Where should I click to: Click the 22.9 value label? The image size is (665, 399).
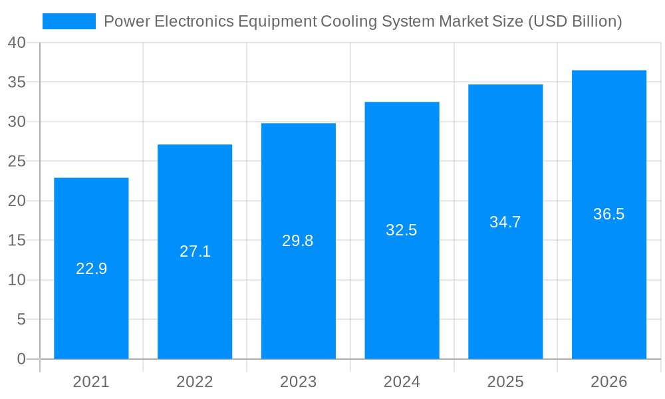(91, 269)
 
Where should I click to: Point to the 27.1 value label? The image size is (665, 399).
(195, 251)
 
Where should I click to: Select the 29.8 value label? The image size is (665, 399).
(298, 241)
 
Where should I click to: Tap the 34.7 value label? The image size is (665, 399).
(505, 222)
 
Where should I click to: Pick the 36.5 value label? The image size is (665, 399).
(609, 214)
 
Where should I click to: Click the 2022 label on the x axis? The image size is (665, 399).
(195, 382)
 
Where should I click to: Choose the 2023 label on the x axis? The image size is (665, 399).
(298, 382)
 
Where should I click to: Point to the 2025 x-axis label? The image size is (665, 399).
(505, 382)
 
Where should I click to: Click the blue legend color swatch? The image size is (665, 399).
(69, 21)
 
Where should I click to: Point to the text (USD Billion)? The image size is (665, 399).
(575, 21)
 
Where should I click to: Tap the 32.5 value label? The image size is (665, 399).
(402, 230)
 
